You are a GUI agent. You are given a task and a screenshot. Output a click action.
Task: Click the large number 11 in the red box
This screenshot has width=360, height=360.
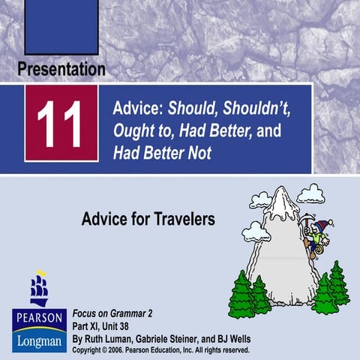59,123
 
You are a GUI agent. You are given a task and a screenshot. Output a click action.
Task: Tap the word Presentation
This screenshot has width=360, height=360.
61,70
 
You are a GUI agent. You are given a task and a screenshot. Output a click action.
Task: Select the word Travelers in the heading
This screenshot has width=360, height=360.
181,219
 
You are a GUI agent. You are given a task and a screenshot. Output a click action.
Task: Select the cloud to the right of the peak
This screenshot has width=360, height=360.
310,194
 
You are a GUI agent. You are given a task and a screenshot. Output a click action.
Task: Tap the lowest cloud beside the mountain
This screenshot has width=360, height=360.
256,232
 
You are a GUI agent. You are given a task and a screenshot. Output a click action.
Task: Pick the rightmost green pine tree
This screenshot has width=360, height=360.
339,283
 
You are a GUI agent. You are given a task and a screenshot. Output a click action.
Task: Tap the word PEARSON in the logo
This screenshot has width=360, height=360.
38,316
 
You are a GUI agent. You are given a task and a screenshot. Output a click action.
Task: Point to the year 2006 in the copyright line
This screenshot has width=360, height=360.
118,349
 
